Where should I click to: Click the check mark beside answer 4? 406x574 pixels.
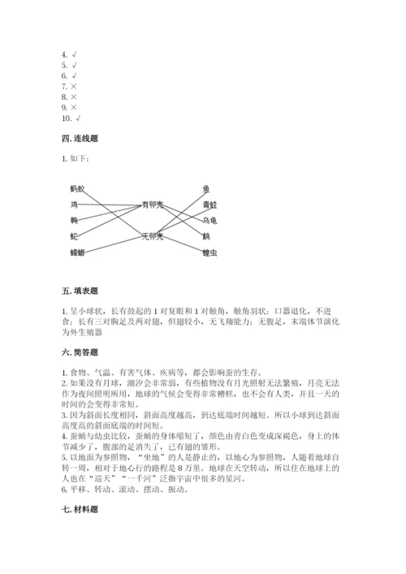(x=75, y=54)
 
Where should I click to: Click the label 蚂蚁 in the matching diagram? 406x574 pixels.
(x=77, y=188)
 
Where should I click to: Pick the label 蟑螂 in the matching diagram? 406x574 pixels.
(x=77, y=252)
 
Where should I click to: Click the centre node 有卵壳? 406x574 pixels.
(x=152, y=204)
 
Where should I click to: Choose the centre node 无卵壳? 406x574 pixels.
(x=152, y=236)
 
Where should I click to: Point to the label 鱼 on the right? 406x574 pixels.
(x=206, y=188)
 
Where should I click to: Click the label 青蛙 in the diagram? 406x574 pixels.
(x=209, y=204)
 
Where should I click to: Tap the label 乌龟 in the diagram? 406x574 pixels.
(x=209, y=220)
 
